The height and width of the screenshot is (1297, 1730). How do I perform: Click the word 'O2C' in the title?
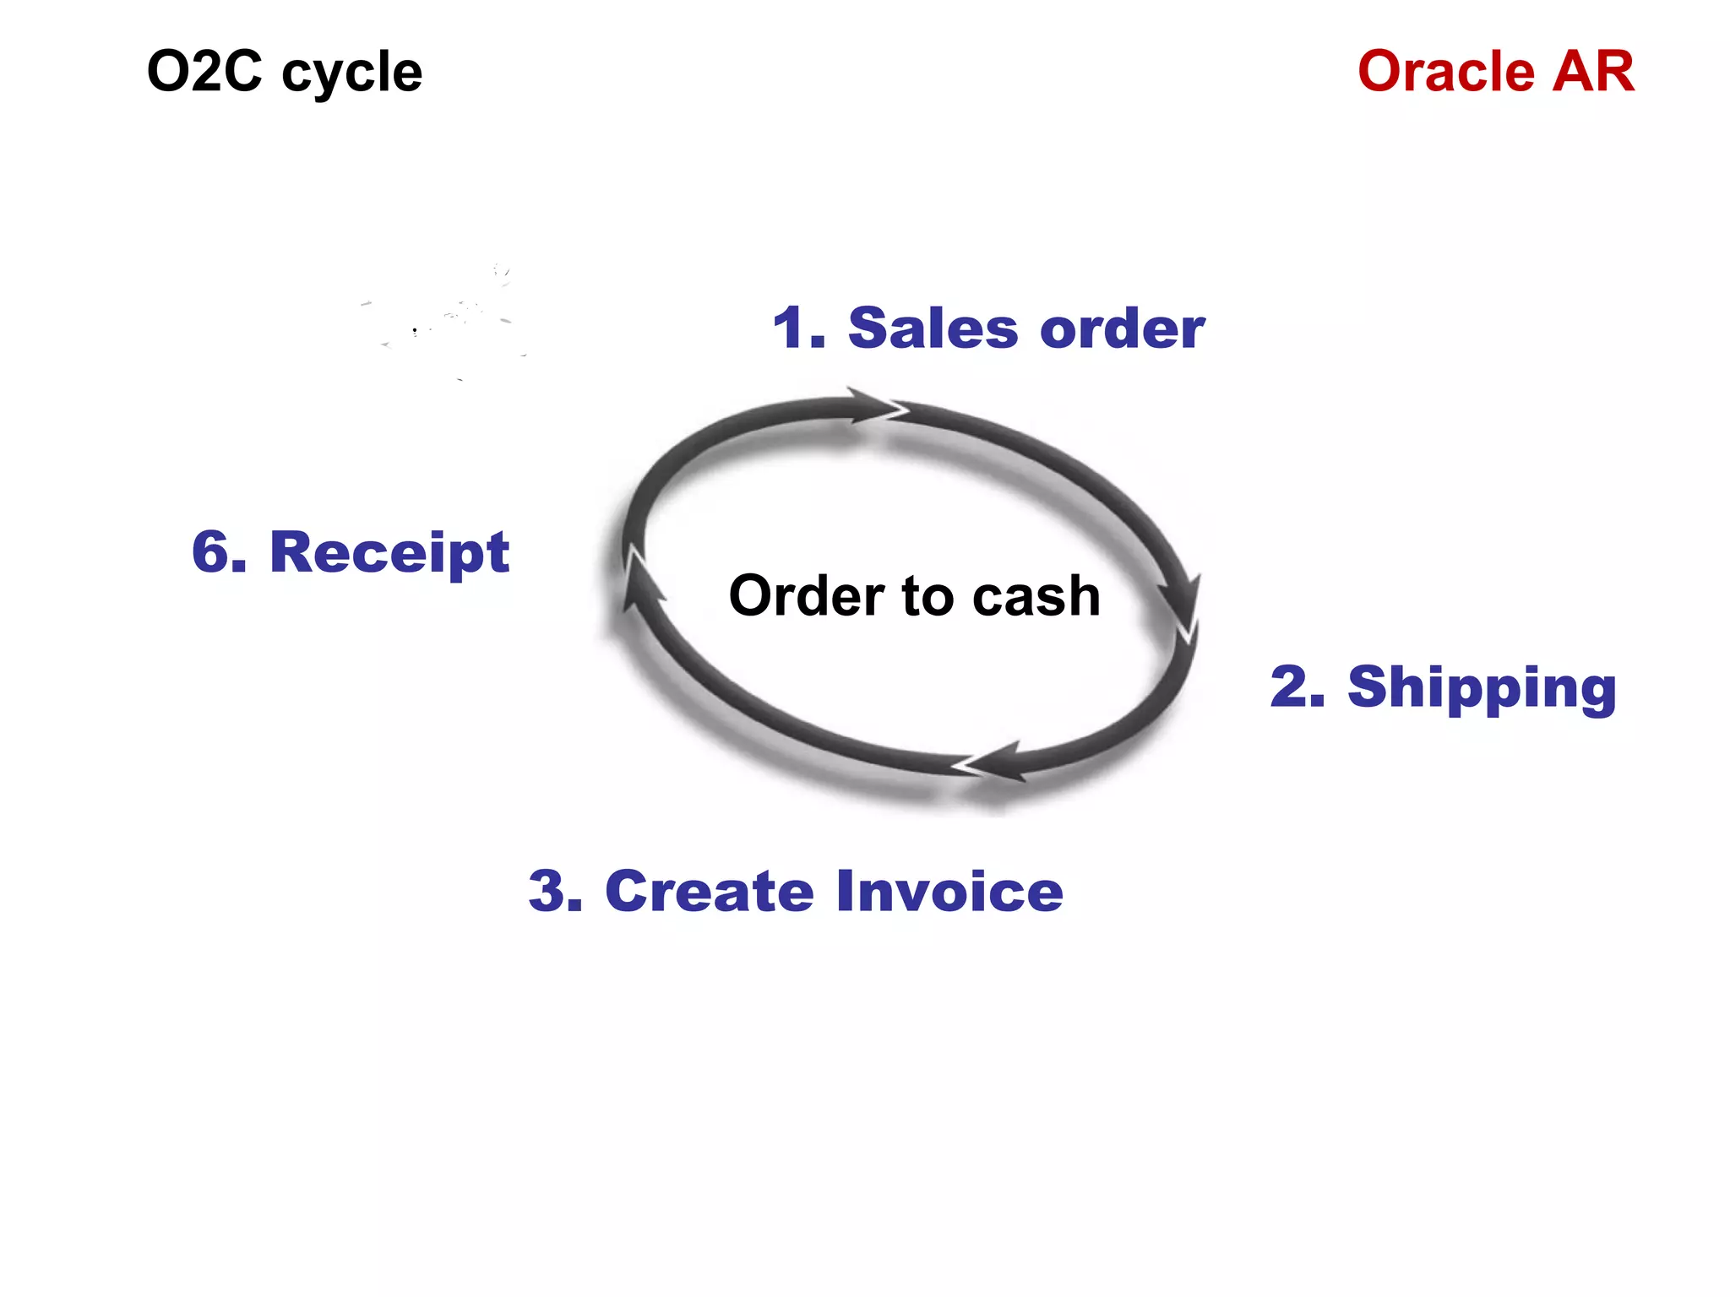point(204,71)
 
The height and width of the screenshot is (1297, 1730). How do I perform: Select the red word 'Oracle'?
point(1445,71)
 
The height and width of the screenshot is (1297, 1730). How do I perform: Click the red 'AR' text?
point(1593,71)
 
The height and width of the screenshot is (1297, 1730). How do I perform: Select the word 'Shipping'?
point(1482,688)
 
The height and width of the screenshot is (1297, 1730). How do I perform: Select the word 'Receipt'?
point(389,554)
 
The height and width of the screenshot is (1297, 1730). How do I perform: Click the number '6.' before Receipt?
point(220,552)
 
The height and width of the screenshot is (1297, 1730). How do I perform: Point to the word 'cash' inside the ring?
point(1036,596)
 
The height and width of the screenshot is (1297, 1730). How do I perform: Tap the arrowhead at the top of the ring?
point(877,407)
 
